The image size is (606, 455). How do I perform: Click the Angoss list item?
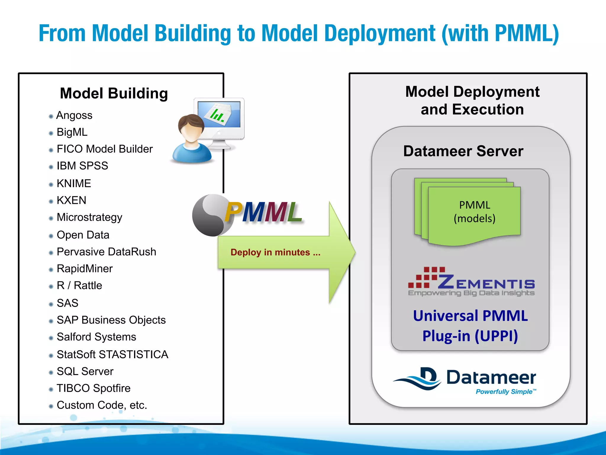point(74,115)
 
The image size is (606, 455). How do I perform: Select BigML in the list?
point(72,132)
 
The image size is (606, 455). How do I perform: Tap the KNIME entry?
point(74,183)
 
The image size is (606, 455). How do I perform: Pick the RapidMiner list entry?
point(85,269)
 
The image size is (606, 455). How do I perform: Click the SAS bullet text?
point(67,303)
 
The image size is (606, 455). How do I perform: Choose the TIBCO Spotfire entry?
point(94,388)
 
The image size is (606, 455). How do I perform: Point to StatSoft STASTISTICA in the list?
point(112,354)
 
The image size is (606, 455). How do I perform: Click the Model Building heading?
point(114,93)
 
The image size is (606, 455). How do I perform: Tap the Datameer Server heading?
point(463,151)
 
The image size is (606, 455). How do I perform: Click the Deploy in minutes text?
point(275,252)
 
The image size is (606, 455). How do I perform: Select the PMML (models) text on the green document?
point(474,212)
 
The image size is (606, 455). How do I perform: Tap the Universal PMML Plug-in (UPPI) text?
point(470,326)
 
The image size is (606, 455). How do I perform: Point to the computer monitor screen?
point(219,114)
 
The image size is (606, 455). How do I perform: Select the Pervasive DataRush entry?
point(106,252)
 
